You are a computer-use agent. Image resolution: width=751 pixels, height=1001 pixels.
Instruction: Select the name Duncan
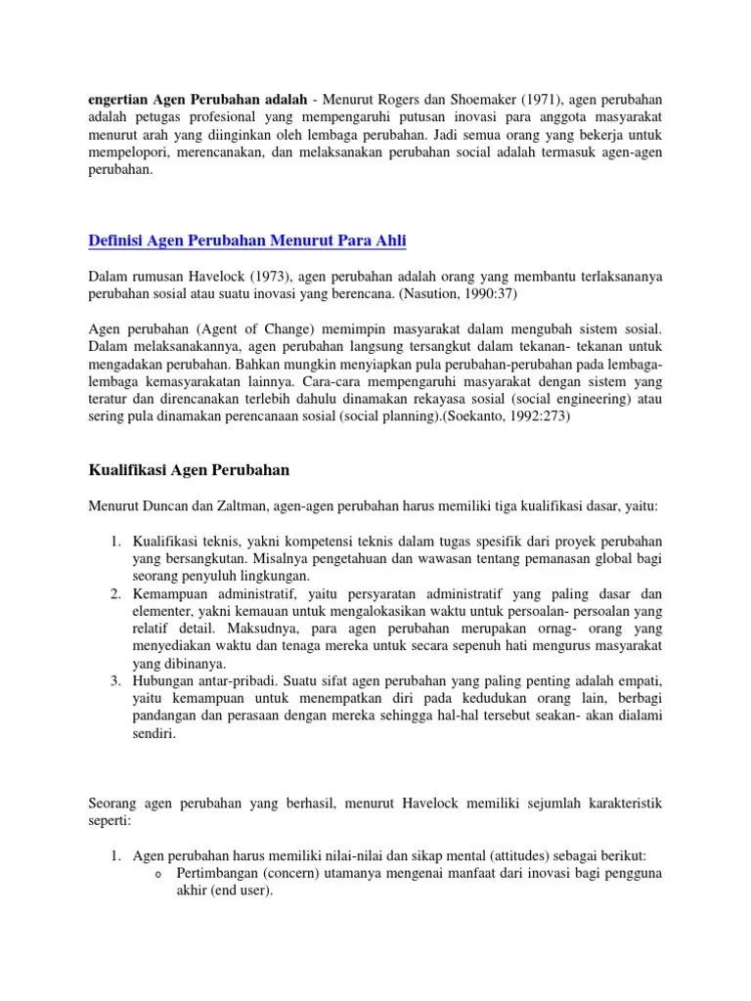167,507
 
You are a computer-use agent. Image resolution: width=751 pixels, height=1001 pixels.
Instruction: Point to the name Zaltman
241,507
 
